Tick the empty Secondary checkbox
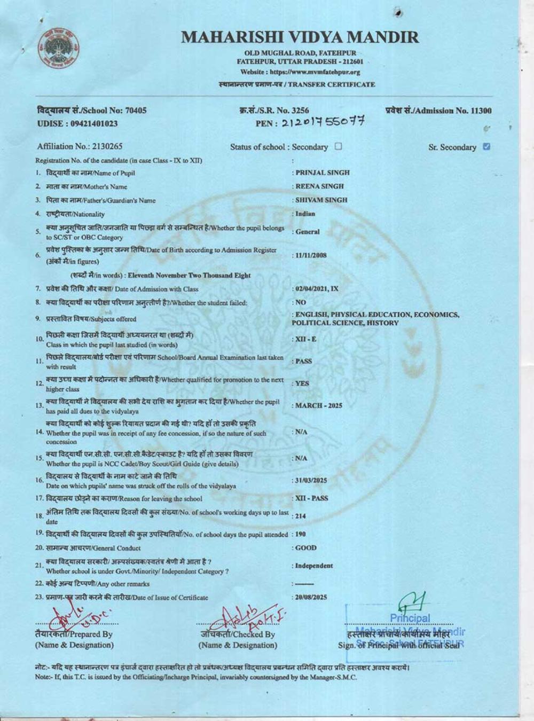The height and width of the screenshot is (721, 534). (x=338, y=146)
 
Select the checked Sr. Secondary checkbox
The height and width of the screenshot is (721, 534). (x=486, y=146)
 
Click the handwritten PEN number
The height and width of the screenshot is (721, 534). (x=323, y=122)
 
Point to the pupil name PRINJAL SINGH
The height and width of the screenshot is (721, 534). (x=323, y=173)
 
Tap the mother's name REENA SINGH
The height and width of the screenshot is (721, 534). (x=319, y=186)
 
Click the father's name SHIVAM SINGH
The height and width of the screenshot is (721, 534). (x=321, y=200)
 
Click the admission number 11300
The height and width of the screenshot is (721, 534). (x=480, y=111)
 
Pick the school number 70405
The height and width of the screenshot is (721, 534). (x=136, y=111)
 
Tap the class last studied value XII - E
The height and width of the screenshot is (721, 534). (x=305, y=339)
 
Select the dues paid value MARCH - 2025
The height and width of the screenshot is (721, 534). (x=318, y=405)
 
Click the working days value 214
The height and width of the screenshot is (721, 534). (x=301, y=516)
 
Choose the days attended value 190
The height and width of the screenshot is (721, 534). (x=301, y=534)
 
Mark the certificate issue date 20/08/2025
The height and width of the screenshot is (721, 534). (x=311, y=597)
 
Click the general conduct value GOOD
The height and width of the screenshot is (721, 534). (x=305, y=548)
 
